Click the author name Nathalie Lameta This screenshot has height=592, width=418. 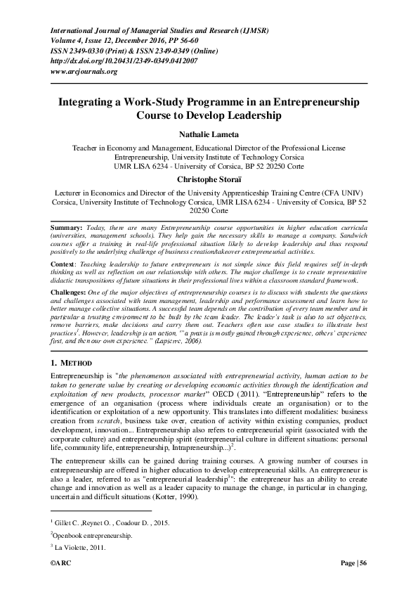[x=209, y=134]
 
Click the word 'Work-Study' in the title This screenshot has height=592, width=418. [x=150, y=101]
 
